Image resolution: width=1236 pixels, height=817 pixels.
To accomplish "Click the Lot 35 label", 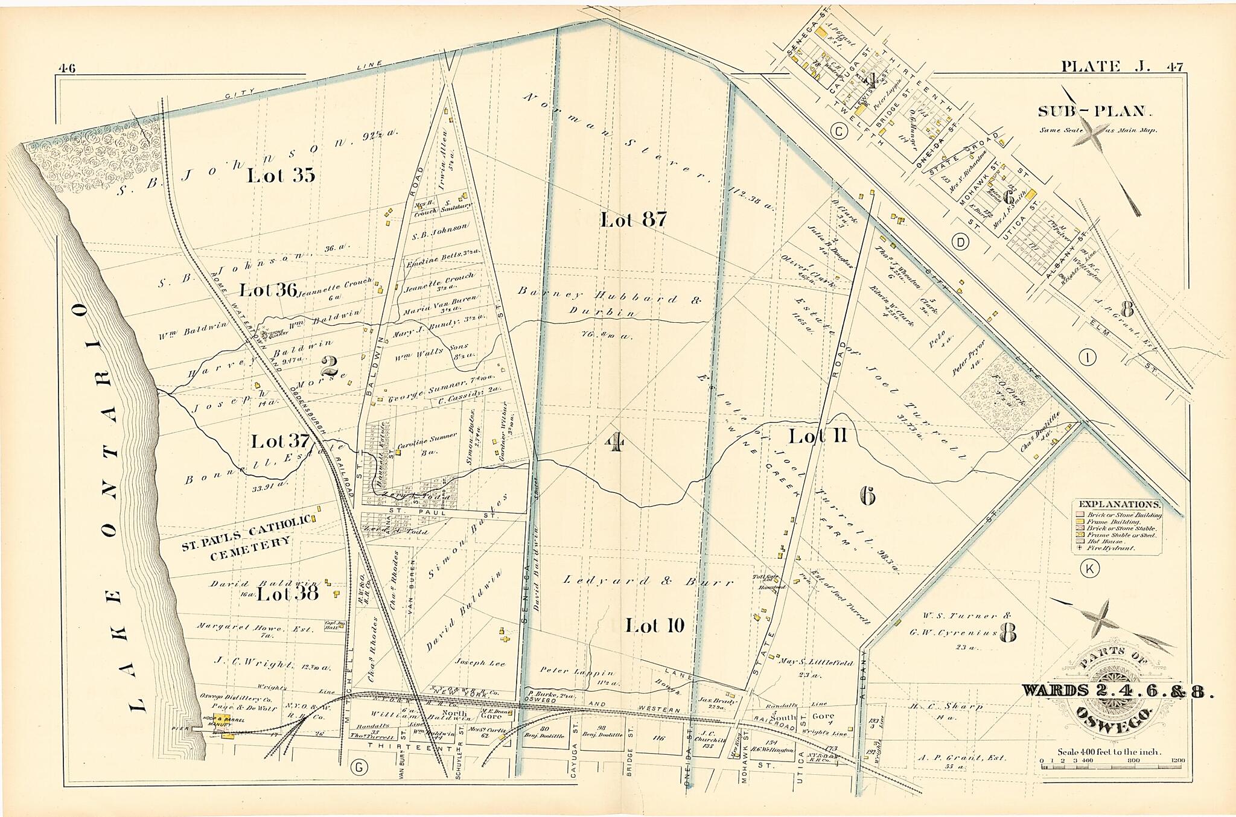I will click(281, 176).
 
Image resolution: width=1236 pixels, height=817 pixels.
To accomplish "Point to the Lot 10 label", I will click(655, 626).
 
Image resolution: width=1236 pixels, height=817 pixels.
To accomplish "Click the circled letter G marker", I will click(358, 768).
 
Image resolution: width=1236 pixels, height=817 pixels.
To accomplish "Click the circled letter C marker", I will click(837, 130).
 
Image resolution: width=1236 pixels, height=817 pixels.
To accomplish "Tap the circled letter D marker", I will click(960, 243).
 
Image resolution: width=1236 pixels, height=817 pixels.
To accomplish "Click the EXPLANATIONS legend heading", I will click(1118, 504).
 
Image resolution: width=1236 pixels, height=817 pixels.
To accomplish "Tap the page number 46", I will click(66, 68).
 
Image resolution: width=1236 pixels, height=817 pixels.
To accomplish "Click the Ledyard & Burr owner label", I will click(648, 582).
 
